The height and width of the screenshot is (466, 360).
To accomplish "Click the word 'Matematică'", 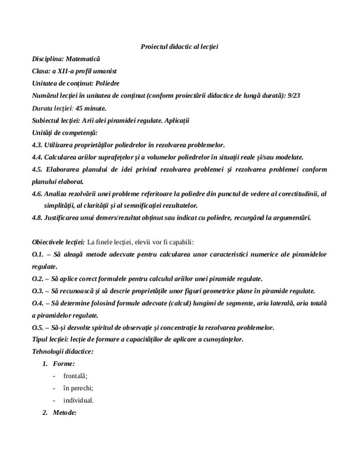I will [x=83, y=59].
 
